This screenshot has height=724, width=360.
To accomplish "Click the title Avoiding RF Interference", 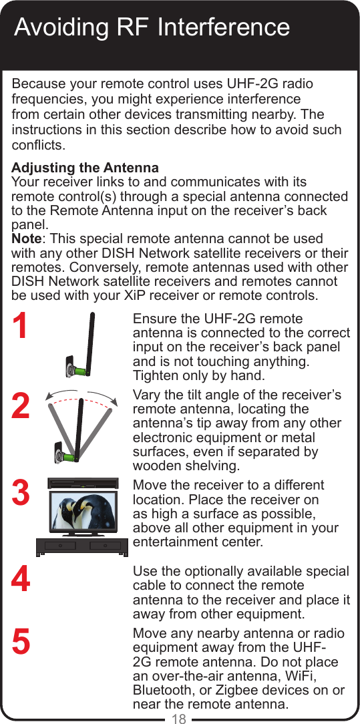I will coord(152,27).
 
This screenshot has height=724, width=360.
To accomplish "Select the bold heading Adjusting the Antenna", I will coord(85,167).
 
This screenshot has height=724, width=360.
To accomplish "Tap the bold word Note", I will coord(27,238).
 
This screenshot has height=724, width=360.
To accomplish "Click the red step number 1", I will coord(21,327).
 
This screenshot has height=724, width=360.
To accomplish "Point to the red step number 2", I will coord(21,407).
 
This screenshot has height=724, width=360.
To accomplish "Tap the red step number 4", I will coord(21,580).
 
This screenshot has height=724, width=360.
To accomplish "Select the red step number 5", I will coord(21,642).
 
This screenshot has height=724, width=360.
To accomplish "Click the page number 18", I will coord(179,719).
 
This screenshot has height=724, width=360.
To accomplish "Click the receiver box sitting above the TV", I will coord(83,483).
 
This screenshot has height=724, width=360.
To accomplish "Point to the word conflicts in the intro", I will coord(38,145).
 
